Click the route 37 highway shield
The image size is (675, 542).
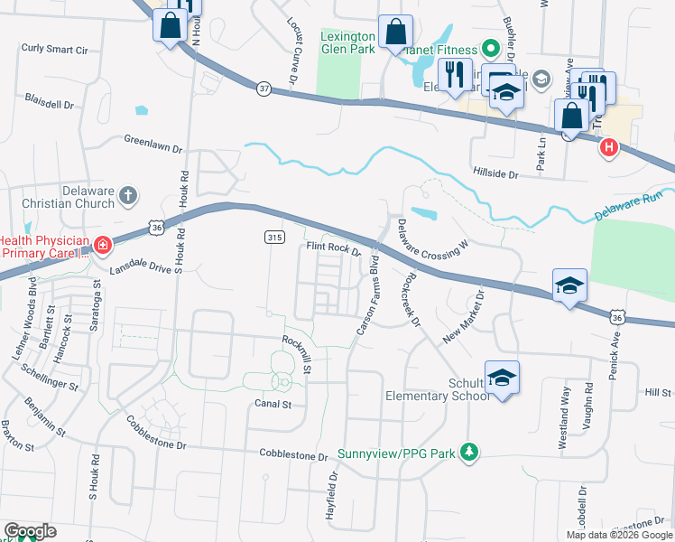pos(264,89)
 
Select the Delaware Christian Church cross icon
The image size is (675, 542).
pos(128,194)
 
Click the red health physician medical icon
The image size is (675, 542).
pos(102,245)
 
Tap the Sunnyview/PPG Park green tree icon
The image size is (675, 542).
pos(468,451)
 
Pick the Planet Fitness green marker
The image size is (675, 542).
pos(490,47)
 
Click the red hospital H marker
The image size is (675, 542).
pos(609,147)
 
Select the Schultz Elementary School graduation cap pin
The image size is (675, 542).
pos(502,377)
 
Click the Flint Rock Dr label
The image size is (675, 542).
pos(333,246)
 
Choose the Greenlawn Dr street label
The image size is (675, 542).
pos(153,141)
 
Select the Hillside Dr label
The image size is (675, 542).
pos(495,173)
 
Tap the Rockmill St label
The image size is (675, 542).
pos(299,354)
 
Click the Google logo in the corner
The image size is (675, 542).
pos(30,531)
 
